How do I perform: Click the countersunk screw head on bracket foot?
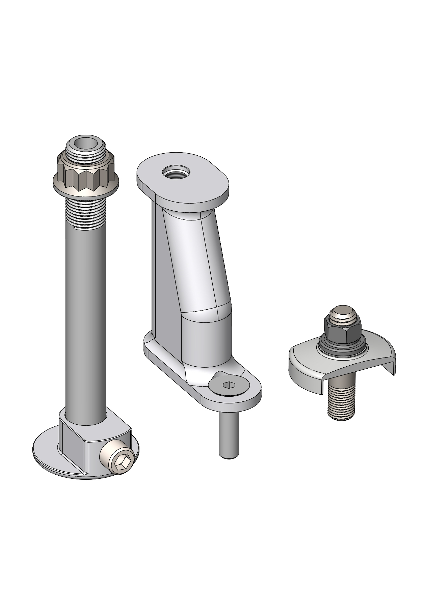coord(230,385)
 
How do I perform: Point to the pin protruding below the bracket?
coord(230,436)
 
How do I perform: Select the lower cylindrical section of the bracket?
coord(206,341)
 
